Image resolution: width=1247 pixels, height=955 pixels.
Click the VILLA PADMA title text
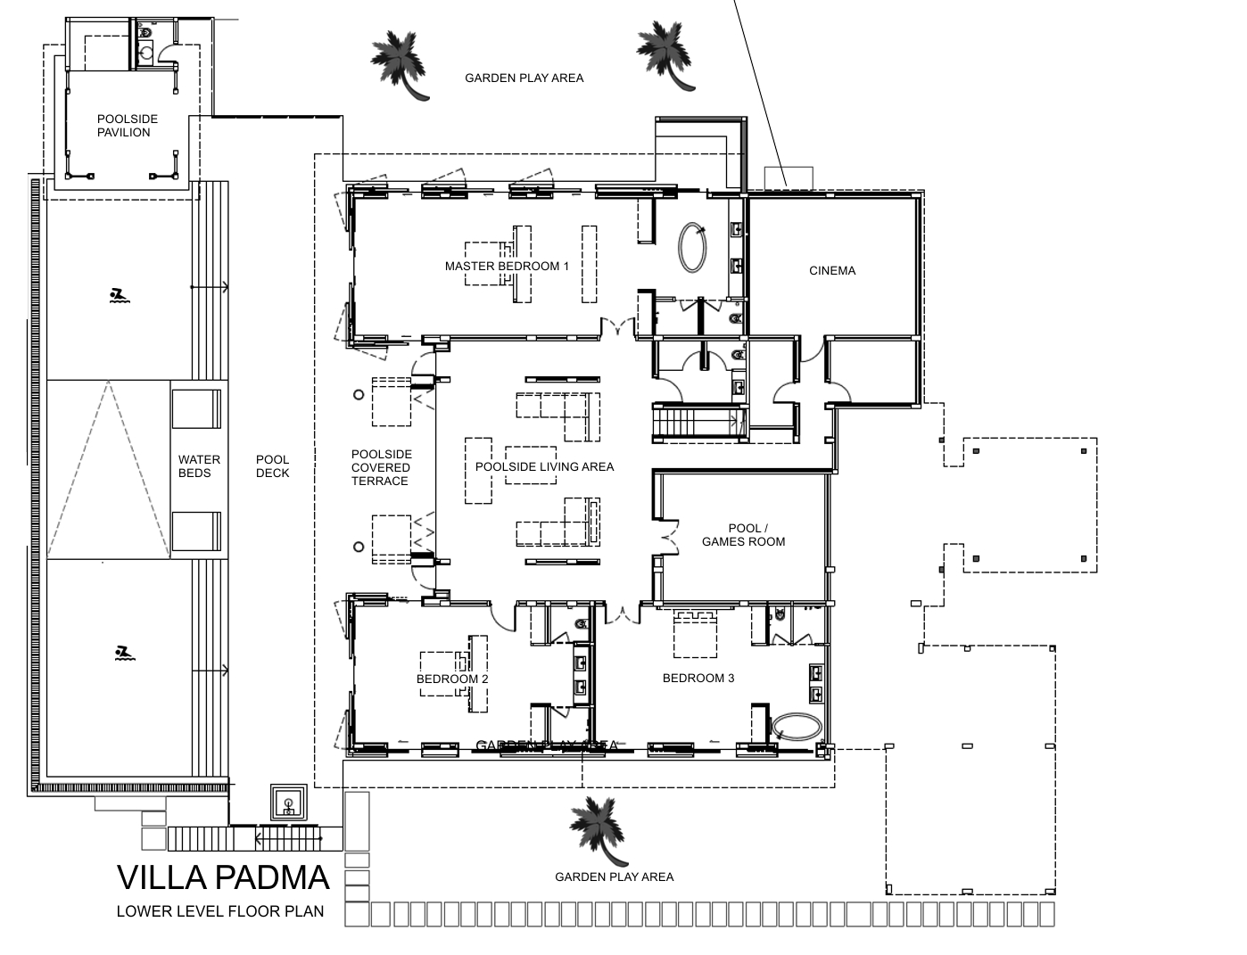click(x=223, y=878)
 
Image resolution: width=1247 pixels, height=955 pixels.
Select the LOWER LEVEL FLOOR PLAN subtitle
click(x=219, y=911)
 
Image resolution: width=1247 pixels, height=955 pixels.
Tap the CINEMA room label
click(x=832, y=270)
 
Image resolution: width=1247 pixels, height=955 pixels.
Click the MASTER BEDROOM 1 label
click(x=507, y=266)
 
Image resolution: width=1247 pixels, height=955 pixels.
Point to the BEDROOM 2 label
click(x=452, y=679)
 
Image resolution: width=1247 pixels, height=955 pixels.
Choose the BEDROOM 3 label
click(x=698, y=678)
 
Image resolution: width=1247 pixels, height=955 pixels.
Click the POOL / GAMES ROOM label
click(x=743, y=535)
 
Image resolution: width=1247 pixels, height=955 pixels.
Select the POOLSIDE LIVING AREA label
click(x=544, y=466)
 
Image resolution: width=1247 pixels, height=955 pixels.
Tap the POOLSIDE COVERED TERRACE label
click(x=380, y=467)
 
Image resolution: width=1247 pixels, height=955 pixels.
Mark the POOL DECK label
click(x=272, y=466)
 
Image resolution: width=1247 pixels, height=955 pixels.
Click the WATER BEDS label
click(x=199, y=466)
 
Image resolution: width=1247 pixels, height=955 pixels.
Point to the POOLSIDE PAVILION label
click(x=128, y=126)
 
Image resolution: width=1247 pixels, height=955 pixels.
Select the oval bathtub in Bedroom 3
click(x=796, y=726)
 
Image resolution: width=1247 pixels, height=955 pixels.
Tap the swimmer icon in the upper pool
click(x=117, y=296)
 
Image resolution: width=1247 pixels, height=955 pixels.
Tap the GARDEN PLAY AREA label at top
click(x=524, y=78)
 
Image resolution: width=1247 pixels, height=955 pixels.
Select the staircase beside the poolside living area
click(x=697, y=420)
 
